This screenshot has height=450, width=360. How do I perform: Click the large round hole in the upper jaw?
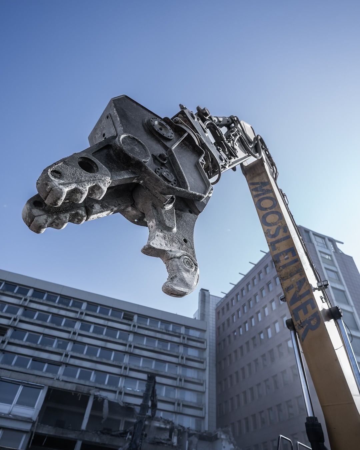(87, 165)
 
